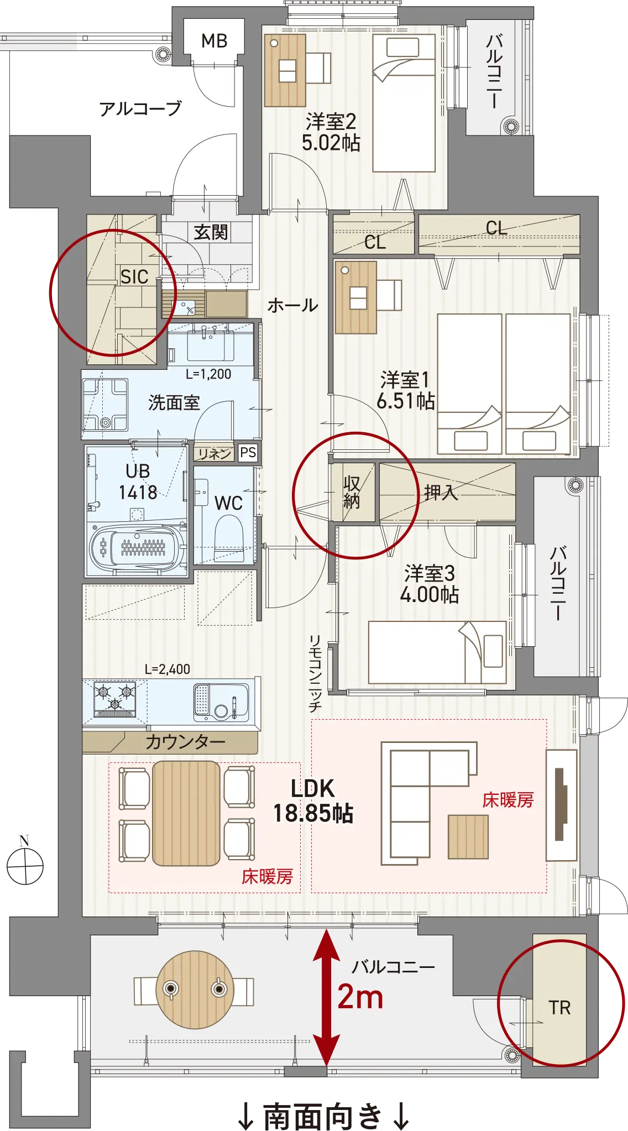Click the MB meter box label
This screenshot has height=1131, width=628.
214,41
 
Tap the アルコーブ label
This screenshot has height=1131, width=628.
140,108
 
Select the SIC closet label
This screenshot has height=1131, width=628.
134,276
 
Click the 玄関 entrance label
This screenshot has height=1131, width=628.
211,232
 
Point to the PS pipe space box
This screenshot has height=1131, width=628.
248,453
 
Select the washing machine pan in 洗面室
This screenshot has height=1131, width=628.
105,405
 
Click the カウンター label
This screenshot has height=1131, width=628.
185,741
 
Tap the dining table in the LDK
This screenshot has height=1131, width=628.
186,813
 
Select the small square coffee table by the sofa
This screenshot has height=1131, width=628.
468,837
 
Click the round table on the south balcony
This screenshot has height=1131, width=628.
195,989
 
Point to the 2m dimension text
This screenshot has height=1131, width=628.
360,997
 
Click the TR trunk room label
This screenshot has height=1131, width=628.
559,1008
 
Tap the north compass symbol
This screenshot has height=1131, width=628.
25,865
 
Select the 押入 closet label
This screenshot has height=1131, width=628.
441,492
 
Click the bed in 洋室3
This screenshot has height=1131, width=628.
437,652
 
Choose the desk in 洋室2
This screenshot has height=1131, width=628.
285,71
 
